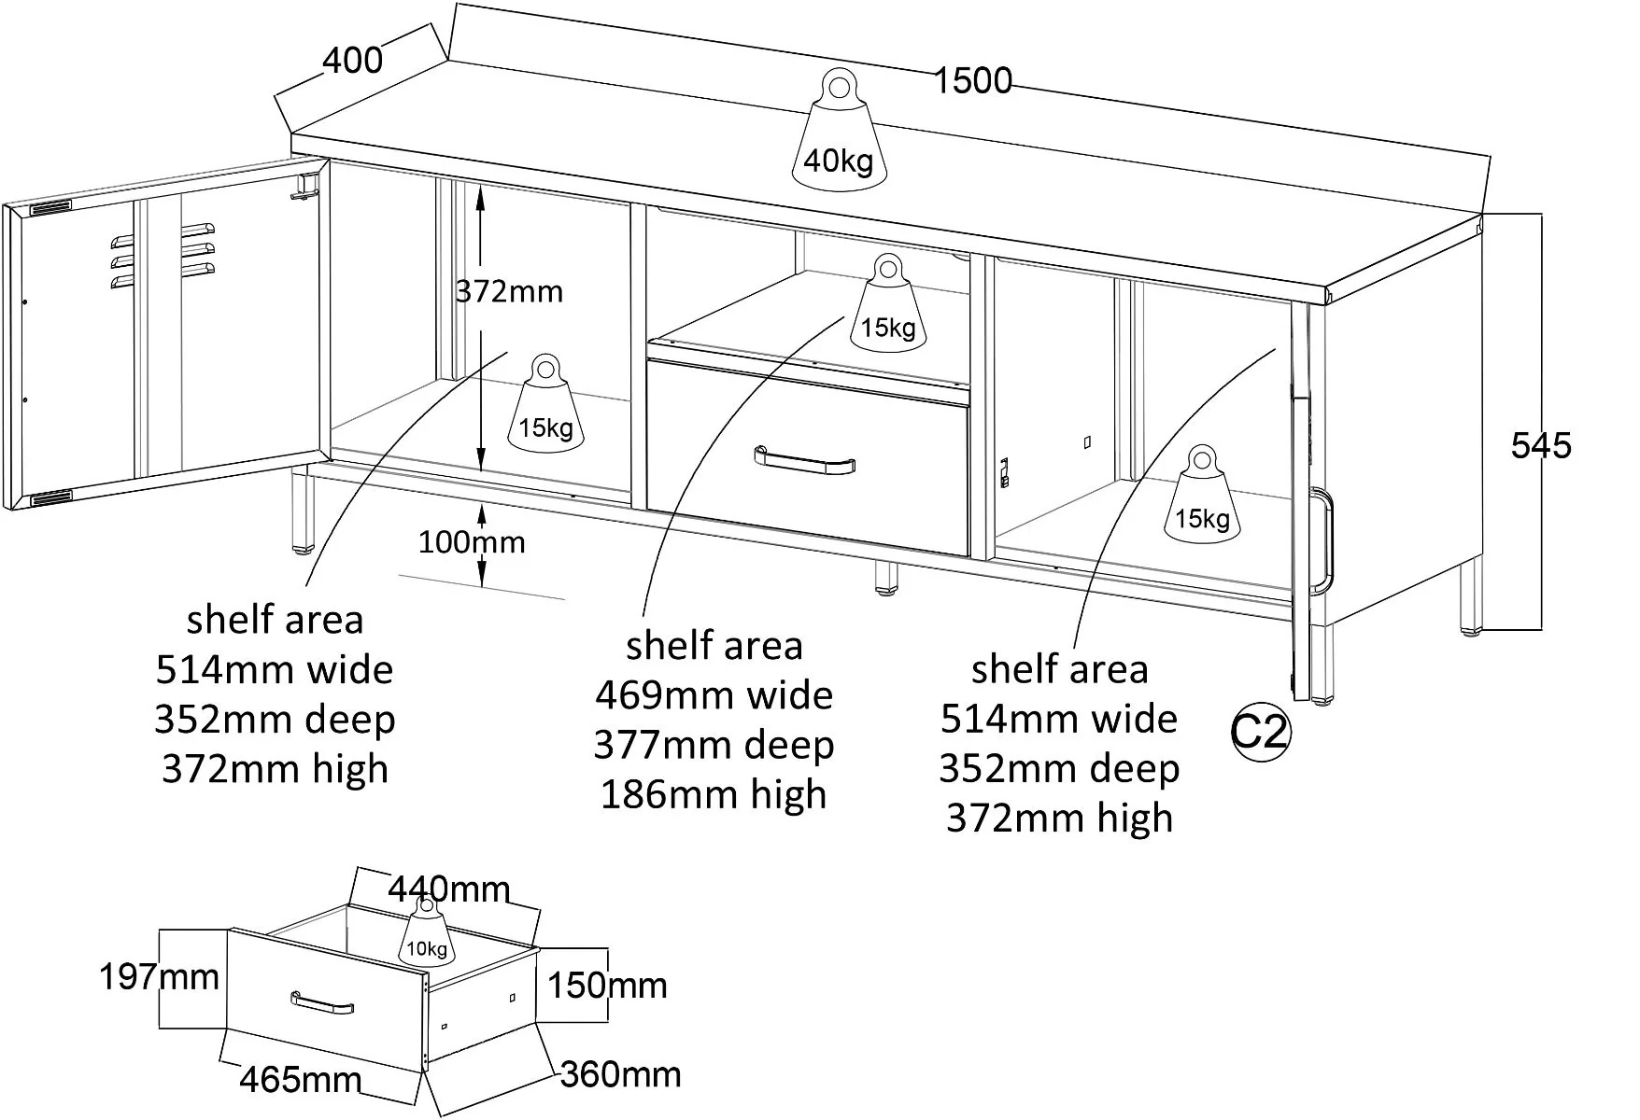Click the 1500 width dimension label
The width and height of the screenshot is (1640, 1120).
[973, 81]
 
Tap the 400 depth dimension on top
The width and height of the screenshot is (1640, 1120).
[352, 61]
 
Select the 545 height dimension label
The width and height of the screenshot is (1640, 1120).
[1541, 446]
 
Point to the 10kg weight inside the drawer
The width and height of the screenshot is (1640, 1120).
[426, 938]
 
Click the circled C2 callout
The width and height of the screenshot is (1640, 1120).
[1259, 734]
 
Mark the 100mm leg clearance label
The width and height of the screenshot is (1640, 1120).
[471, 542]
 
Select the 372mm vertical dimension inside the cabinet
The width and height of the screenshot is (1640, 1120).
[509, 292]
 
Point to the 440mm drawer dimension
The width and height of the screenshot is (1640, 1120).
[449, 889]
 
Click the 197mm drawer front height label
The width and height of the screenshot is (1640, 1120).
[159, 977]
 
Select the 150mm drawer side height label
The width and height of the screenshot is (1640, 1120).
[607, 986]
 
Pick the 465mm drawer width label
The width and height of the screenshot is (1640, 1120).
[300, 1080]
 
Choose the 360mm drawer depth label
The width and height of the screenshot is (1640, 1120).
[620, 1074]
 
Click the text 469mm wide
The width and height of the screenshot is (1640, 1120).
[714, 695]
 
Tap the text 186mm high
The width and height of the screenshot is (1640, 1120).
[714, 795]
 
